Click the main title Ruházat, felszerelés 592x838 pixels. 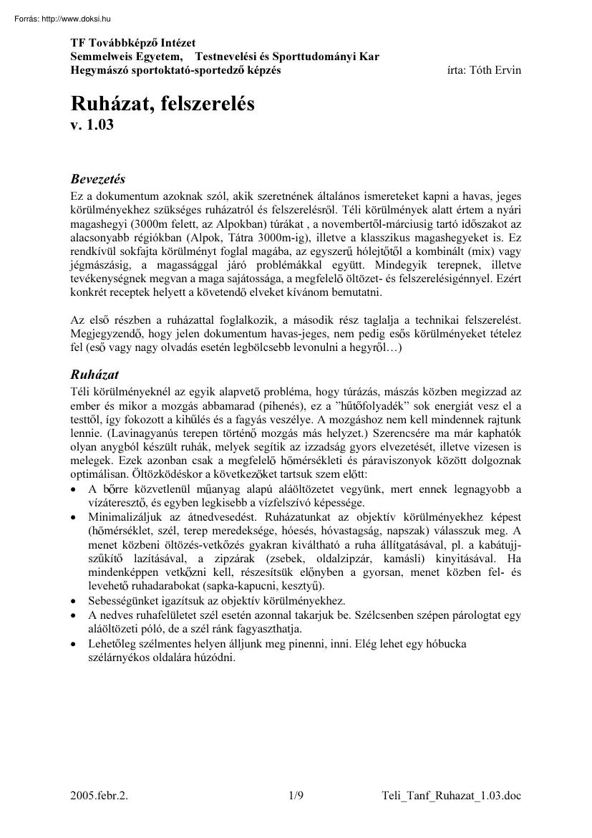click(x=162, y=105)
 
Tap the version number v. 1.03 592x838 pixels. click(x=92, y=125)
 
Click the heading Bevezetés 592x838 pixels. click(x=98, y=178)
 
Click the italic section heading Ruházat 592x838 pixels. click(x=94, y=375)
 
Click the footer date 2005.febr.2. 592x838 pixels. click(x=100, y=814)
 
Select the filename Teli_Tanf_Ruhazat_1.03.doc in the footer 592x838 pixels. click(x=452, y=814)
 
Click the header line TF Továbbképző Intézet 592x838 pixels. click(x=133, y=44)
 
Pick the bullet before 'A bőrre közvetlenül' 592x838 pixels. click(x=74, y=490)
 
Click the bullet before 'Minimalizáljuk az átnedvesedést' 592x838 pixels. click(x=74, y=517)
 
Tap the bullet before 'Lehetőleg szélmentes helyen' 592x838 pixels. click(x=74, y=644)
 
